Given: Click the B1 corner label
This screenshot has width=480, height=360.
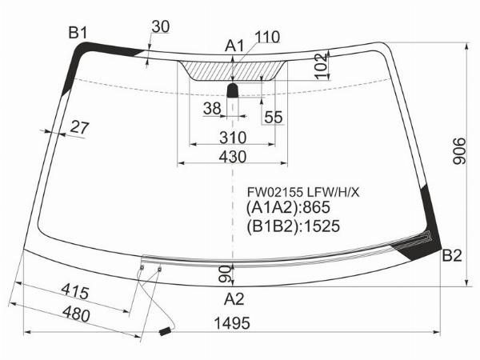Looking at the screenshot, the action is tap(78, 33).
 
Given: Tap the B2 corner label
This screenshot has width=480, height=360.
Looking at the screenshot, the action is tap(452, 256).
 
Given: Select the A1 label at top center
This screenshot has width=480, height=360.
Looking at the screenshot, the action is tap(234, 46).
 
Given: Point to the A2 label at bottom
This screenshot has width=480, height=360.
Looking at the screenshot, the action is tap(234, 299).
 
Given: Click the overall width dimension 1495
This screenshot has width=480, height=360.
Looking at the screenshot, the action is tap(232, 323).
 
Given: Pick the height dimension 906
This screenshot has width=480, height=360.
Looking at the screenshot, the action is tap(459, 151).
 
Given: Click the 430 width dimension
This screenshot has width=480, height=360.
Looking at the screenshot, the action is tap(232, 157).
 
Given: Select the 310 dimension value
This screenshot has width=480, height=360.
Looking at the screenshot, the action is tap(232, 138).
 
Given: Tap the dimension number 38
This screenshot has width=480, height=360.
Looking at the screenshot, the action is tap(212, 108).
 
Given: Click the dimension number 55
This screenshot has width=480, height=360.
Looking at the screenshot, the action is tap(274, 117).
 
